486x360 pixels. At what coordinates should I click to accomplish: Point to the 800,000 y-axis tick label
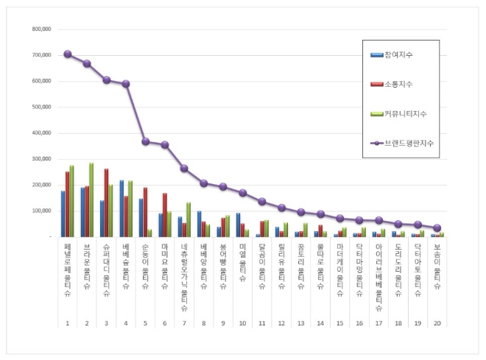[x=40, y=29]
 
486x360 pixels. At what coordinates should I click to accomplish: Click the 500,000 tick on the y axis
[x=40, y=107]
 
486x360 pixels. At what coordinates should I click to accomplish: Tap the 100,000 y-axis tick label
[x=40, y=211]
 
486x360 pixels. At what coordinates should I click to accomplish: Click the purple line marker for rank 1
[x=68, y=54]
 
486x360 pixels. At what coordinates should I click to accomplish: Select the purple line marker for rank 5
[x=145, y=141]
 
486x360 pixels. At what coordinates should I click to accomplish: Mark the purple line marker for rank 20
[x=437, y=228]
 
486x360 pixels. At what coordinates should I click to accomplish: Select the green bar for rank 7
[x=189, y=219]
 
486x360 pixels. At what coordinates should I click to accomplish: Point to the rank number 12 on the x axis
[x=281, y=322]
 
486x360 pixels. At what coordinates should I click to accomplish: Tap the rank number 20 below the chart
[x=437, y=322]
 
